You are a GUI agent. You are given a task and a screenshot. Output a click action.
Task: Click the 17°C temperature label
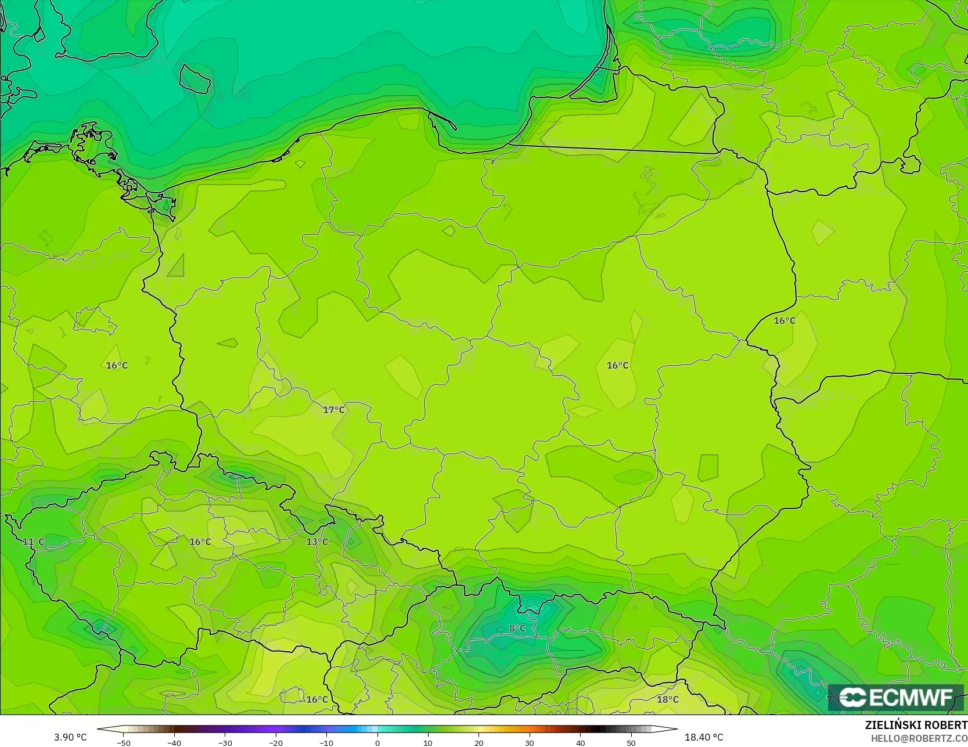pos(334,410)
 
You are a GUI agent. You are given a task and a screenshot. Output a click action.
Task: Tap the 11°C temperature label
pos(33,542)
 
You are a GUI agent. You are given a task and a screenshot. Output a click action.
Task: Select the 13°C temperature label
pos(317,542)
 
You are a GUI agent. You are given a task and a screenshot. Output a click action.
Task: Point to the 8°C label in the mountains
pos(517,629)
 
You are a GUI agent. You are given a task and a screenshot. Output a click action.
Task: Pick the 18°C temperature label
pos(667,699)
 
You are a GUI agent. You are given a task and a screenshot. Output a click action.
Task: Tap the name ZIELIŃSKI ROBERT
pos(916,726)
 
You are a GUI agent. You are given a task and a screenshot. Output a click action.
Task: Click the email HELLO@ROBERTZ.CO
pos(919,738)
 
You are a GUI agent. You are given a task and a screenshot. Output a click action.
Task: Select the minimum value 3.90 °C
pos(70,737)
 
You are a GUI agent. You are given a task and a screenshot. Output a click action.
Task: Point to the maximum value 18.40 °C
pos(704,737)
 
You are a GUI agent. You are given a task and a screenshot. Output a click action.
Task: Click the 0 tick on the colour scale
pos(377,742)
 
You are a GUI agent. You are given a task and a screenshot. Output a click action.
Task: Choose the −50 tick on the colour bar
pos(123,742)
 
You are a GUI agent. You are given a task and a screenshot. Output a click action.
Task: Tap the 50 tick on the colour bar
pos(631,742)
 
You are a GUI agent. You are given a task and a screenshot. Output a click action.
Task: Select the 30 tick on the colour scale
pos(530,742)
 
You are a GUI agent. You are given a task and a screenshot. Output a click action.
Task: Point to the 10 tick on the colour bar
pos(428,742)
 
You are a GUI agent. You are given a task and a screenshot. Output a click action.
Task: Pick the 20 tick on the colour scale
pos(479,742)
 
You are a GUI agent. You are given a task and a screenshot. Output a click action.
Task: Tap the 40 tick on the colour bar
pos(581,742)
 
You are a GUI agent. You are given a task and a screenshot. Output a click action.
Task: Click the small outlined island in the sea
pos(194,79)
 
